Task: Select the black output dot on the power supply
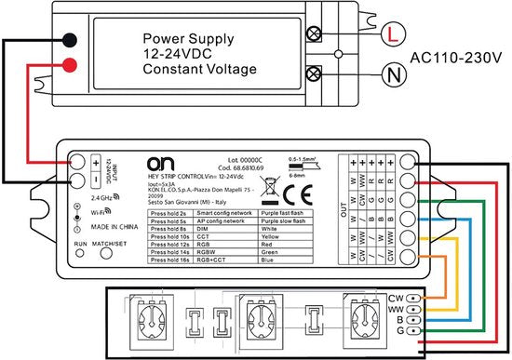point(70,40)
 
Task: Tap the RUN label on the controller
point(81,245)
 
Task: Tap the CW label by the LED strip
point(395,299)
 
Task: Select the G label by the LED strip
point(400,330)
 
